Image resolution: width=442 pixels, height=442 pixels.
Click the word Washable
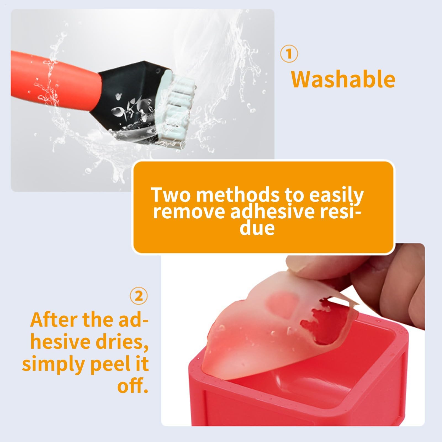coord(343,79)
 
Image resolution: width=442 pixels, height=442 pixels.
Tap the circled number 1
coord(289,54)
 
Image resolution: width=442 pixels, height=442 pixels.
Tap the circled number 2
coord(139,297)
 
